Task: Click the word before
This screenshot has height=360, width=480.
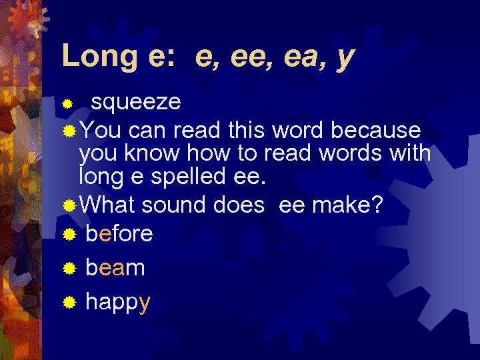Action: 119,233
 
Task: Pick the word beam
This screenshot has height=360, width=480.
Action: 115,268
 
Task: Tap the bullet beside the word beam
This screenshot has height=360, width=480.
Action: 69,269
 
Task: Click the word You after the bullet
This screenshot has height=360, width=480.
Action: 100,129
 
